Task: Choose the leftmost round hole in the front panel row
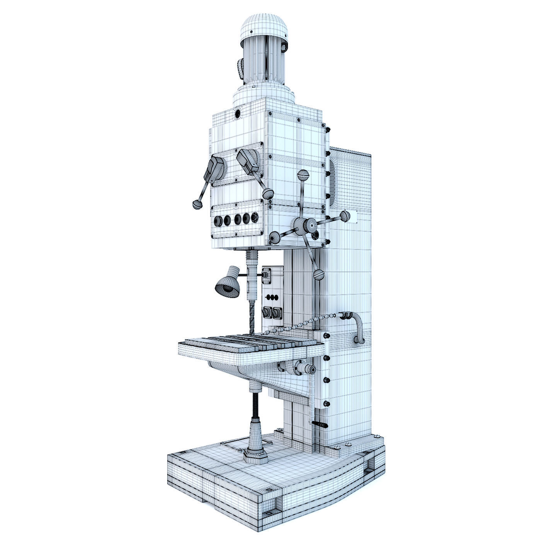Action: pyautogui.click(x=217, y=221)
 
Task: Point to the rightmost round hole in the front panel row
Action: pyautogui.click(x=254, y=217)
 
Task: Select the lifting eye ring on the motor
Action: pyautogui.click(x=285, y=47)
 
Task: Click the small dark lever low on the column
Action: pyautogui.click(x=321, y=425)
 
